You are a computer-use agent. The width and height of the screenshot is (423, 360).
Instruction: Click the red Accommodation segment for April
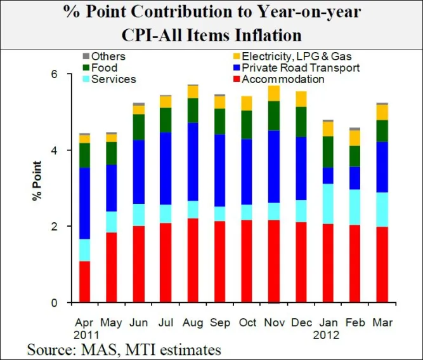84,281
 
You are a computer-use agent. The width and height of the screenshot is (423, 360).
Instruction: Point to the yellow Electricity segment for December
301,98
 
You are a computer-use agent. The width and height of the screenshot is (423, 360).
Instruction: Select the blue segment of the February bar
355,178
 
